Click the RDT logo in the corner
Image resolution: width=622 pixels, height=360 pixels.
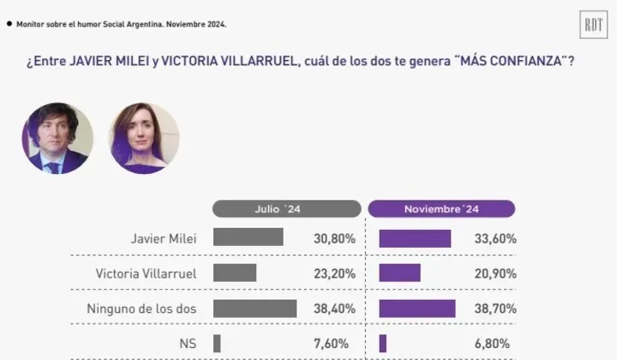coord(594,25)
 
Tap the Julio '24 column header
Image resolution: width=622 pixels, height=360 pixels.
coord(286,209)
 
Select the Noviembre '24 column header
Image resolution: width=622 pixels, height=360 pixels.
coord(441,209)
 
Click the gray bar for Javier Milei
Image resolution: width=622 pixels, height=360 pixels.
coord(248,237)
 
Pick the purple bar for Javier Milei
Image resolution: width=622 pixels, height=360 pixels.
coord(415,238)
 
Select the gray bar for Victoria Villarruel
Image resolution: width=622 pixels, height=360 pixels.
coord(235,273)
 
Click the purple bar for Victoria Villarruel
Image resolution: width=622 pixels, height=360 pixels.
coord(399,273)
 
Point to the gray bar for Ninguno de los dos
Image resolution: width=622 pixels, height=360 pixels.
coord(254,308)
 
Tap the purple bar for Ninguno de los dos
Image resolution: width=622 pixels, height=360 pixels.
coord(416,308)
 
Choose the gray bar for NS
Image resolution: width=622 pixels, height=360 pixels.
coord(217,343)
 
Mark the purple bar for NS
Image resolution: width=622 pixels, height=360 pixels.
coord(383,343)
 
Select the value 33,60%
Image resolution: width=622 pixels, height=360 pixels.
coord(496,238)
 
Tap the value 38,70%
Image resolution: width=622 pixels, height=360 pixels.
coord(496,309)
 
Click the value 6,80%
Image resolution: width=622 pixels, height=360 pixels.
coord(499,343)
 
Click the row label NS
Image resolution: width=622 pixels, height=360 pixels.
coord(188,343)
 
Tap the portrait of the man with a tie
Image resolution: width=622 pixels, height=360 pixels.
coord(57,138)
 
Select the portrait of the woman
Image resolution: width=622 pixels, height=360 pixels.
coord(143,138)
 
